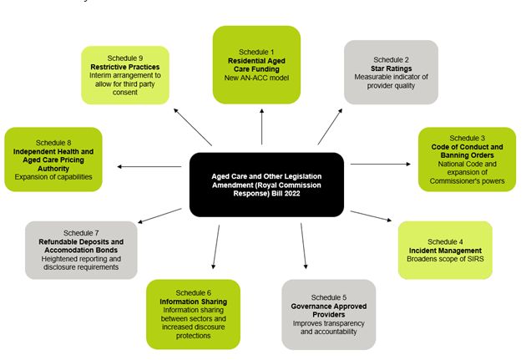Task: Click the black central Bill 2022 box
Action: pyautogui.click(x=266, y=184)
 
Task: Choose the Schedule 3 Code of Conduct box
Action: pyautogui.click(x=467, y=159)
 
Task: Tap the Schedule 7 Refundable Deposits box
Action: pyautogui.click(x=81, y=249)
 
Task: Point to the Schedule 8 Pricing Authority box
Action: pyautogui.click(x=53, y=159)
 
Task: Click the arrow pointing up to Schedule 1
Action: pyautogui.click(x=262, y=128)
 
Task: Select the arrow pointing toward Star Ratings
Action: pyautogui.click(x=329, y=125)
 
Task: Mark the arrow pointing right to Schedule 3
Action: pyautogui.click(x=380, y=164)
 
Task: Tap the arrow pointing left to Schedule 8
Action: pyautogui.click(x=150, y=167)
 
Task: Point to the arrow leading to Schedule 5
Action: pyautogui.click(x=305, y=245)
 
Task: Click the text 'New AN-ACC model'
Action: pyautogui.click(x=255, y=78)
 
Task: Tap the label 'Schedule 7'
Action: pyautogui.click(x=81, y=232)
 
